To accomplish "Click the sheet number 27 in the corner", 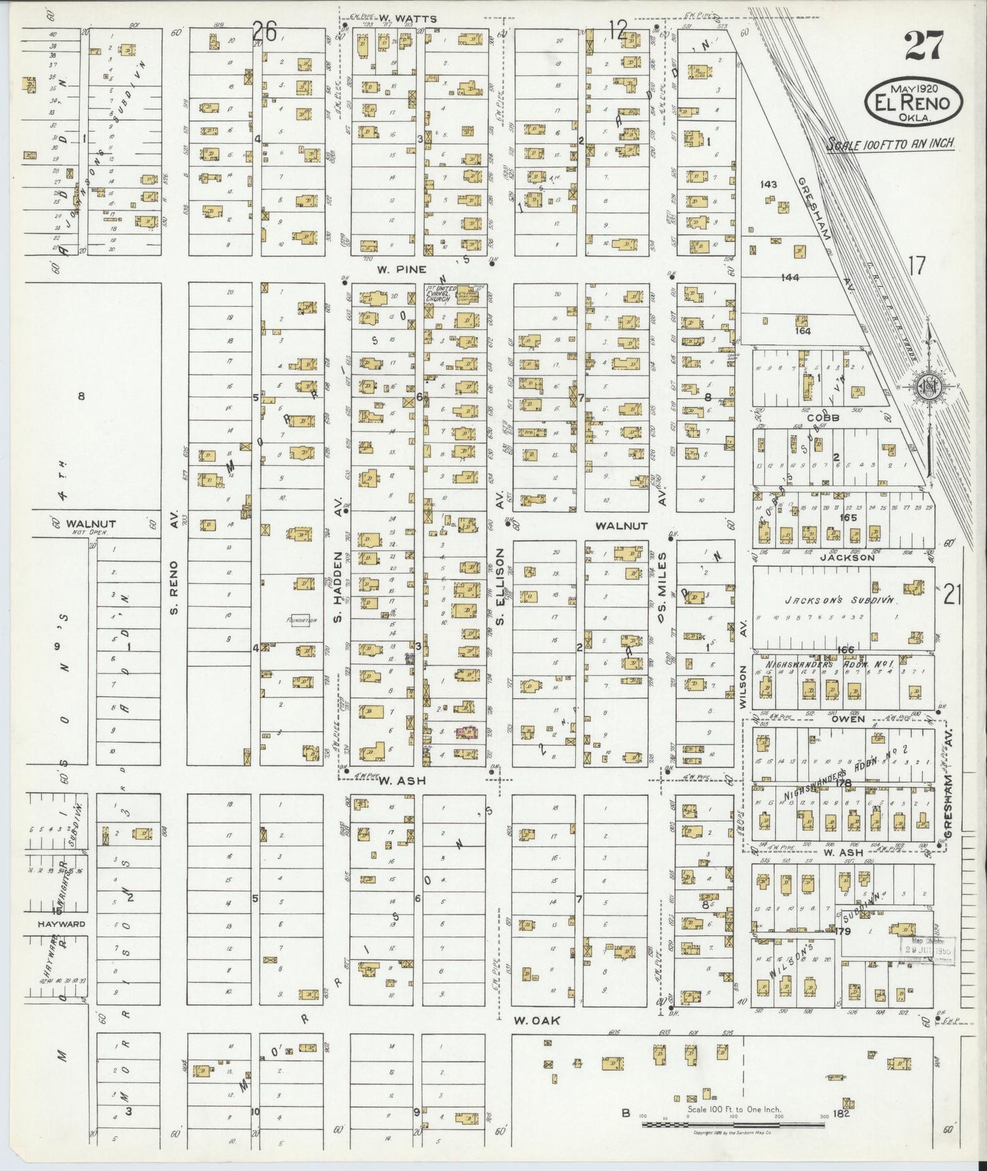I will tap(923, 46).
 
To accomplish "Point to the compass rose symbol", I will tap(928, 386).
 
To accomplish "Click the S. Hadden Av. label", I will tap(337, 592).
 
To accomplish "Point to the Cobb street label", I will tap(822, 417).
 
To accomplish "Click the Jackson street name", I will tap(848, 557).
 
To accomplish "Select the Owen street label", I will tap(848, 719).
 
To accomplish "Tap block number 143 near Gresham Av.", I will tap(768, 184).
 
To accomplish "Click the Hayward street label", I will tap(62, 924).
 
